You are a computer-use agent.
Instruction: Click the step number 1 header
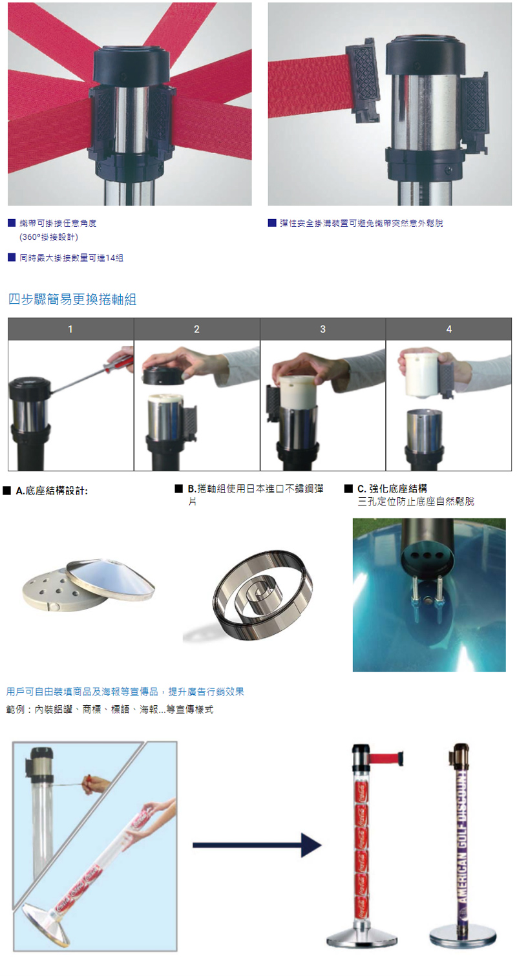coord(70,329)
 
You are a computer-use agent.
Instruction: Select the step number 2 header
coord(197,329)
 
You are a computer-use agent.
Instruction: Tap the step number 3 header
coord(322,329)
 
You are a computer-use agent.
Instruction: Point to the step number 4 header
coord(449,329)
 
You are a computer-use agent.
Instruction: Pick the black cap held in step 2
coord(164,374)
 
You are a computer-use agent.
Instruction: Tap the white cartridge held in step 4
coord(421,375)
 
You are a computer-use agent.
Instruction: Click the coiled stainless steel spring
coord(262,594)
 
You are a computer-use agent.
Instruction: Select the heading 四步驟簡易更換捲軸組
coord(72,299)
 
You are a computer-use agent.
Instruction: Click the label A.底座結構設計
coord(52,491)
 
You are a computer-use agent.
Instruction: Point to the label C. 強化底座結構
coord(392,489)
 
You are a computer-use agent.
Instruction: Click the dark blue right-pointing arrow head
coord(311,845)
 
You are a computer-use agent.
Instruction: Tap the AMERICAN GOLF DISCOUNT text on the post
coord(461,842)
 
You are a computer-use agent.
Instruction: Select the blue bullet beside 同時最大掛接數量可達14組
coord(12,257)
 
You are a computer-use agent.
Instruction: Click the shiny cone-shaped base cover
coord(111,577)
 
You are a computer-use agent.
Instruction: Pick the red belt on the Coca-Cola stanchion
coord(385,758)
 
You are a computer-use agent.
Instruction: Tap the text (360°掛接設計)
coord(48,237)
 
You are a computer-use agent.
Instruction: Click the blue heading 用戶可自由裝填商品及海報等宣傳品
coord(82,692)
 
